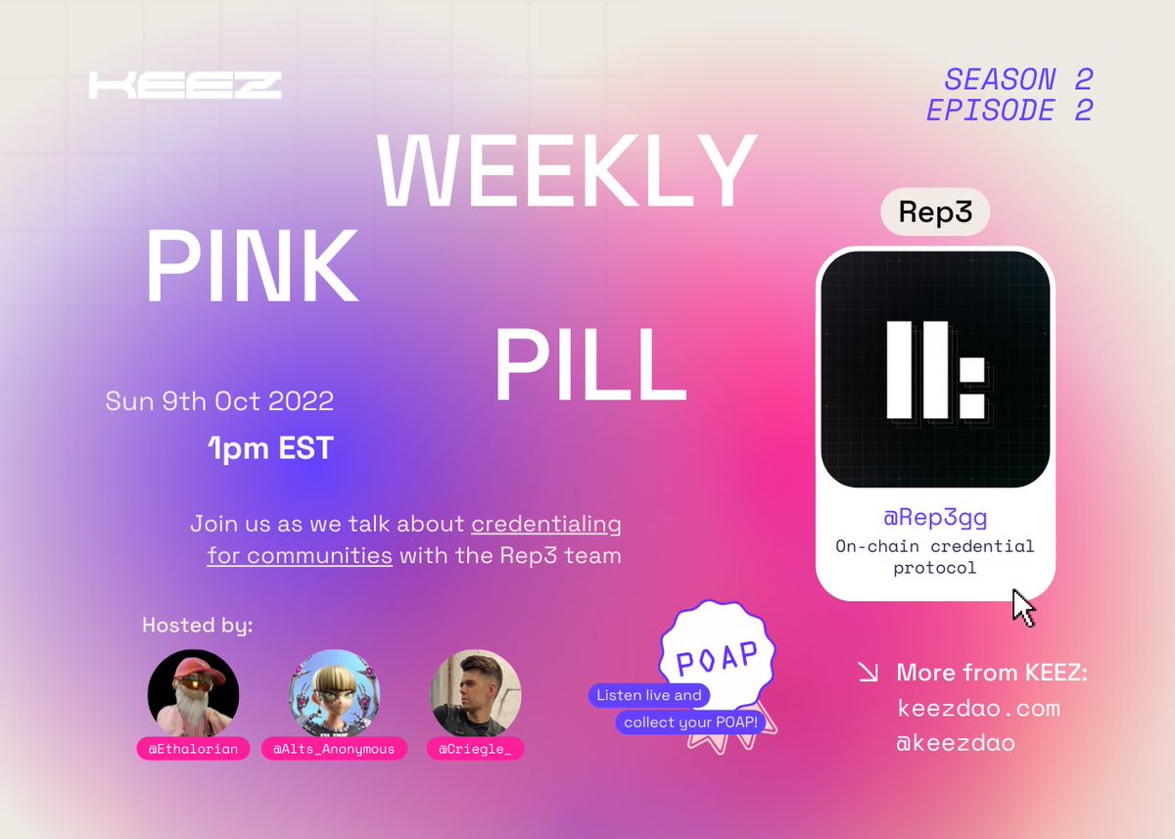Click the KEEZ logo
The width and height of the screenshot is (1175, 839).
tap(185, 85)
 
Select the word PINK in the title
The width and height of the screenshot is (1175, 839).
tap(253, 266)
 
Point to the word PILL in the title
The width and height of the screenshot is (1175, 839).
tap(589, 362)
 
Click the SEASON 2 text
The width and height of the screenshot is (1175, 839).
tap(1018, 79)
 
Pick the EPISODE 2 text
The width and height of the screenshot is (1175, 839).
tap(1010, 111)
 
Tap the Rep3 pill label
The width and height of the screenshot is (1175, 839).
tap(935, 213)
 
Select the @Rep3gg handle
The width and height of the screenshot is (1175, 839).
tap(935, 518)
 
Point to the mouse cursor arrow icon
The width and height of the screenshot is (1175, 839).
tap(1022, 607)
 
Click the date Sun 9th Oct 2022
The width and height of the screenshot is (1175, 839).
tap(219, 400)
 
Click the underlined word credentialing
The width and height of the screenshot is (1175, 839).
tap(546, 524)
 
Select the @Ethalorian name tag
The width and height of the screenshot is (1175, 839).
tap(193, 749)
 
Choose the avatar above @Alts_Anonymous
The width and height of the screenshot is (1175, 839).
tap(335, 693)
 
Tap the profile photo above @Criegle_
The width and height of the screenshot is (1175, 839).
tap(476, 693)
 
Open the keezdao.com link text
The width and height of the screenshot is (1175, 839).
tap(978, 708)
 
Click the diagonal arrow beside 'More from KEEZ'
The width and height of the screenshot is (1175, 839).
tap(868, 673)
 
